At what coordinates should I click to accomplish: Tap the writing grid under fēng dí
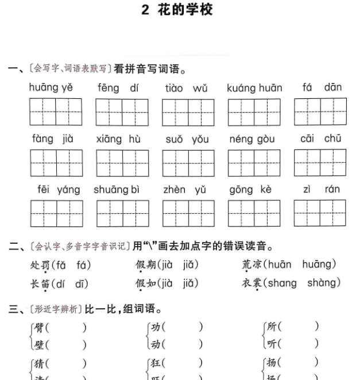122,112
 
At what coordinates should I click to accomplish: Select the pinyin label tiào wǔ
185,89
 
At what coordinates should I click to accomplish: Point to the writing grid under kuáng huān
254,112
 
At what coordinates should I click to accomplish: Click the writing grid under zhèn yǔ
188,213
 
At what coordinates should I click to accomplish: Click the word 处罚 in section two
40,265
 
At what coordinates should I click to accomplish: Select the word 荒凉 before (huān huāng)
253,265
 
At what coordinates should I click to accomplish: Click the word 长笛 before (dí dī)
40,283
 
